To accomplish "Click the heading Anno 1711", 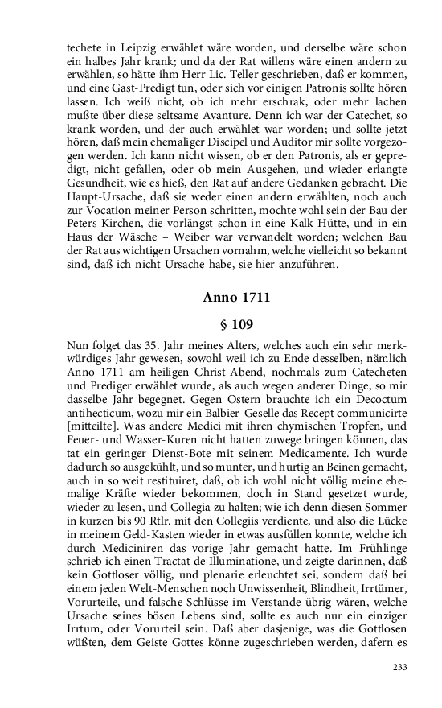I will coord(236,298).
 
